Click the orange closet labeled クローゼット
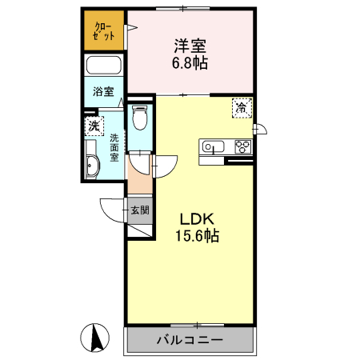(x=103, y=30)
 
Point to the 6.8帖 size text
(x=189, y=63)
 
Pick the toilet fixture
(x=141, y=120)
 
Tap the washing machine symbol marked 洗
(x=94, y=126)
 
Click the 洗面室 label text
(x=115, y=146)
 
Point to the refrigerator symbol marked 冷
(x=240, y=106)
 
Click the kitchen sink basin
(x=214, y=146)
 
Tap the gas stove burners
(x=241, y=146)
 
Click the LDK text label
(x=194, y=219)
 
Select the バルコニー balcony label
(x=191, y=340)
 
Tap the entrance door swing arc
(x=112, y=210)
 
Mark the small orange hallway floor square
(x=138, y=182)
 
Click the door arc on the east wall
(x=260, y=129)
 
